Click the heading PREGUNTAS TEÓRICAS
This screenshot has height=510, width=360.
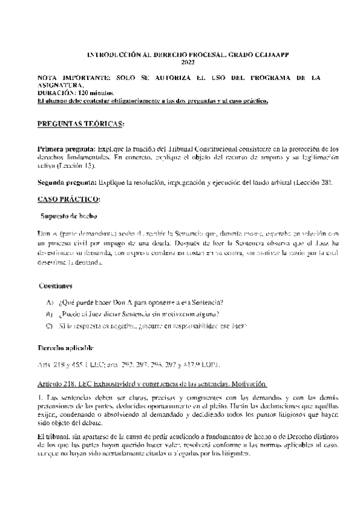(81, 124)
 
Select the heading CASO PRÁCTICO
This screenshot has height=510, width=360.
(69, 198)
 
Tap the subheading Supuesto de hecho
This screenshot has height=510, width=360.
(69, 215)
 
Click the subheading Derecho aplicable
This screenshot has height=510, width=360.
(65, 348)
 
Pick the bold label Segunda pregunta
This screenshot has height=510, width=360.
(67, 182)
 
